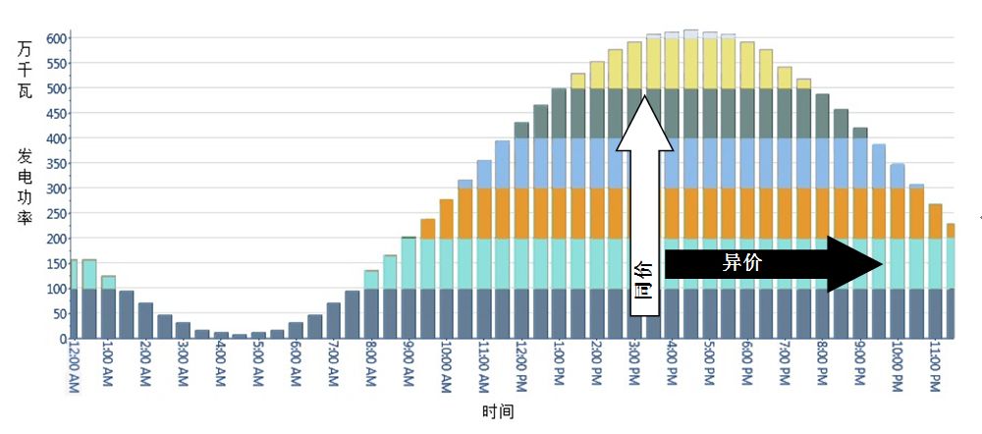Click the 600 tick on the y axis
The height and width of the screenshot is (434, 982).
click(x=55, y=38)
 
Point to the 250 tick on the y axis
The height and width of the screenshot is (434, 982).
click(x=55, y=213)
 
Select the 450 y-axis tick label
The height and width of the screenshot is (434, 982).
click(x=55, y=113)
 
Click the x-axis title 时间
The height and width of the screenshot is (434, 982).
click(x=498, y=411)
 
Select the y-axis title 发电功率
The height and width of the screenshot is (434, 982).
click(x=25, y=188)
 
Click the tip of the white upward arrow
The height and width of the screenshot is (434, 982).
click(x=644, y=96)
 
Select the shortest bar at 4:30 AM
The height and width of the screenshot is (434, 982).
click(x=240, y=336)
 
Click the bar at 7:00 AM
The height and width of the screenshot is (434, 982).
click(x=334, y=321)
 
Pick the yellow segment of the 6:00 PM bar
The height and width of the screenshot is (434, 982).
click(x=747, y=66)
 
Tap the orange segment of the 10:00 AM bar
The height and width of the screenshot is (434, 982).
click(x=447, y=219)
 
